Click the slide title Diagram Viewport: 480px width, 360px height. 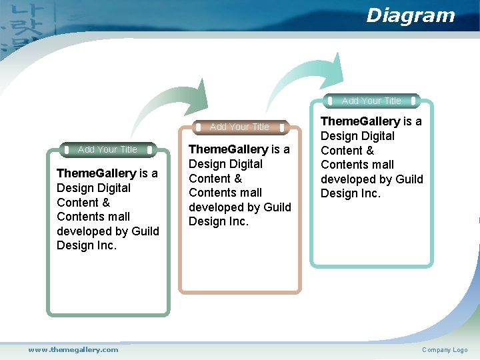(410, 15)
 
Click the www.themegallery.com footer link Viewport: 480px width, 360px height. (73, 349)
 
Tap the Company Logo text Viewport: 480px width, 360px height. (445, 350)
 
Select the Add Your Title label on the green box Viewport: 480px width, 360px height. (107, 149)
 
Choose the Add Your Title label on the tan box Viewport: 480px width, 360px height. (239, 127)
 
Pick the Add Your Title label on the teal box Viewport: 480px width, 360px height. (371, 101)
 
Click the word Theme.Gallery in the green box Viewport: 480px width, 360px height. (96, 173)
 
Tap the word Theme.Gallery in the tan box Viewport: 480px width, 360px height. (228, 149)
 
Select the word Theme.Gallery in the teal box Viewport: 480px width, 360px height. (360, 121)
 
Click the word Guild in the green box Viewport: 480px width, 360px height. (145, 231)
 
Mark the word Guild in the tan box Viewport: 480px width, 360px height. (277, 207)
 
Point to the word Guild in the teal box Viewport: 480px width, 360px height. (409, 179)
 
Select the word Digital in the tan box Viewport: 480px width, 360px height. (245, 164)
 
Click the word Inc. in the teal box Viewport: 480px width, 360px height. (369, 194)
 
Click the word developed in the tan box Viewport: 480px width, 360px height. (216, 207)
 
